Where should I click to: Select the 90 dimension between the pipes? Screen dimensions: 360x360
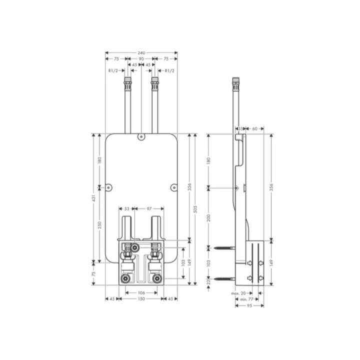pos(141,59)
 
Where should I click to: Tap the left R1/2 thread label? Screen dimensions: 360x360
pos(113,71)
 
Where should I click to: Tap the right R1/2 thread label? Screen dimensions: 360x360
pos(169,71)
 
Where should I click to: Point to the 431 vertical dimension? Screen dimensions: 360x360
pos(93,198)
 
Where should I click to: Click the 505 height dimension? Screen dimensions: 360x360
pos(195,207)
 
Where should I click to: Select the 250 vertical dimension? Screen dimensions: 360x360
pos(100,225)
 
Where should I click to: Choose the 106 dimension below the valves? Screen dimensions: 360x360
pos(141,292)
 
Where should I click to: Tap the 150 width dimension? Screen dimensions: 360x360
pos(141,299)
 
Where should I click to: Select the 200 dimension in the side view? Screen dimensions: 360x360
pos(209,217)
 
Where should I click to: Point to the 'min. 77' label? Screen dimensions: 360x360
pos(241,298)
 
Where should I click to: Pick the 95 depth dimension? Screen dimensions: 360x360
pos(249,305)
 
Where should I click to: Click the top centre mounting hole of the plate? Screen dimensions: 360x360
pos(141,135)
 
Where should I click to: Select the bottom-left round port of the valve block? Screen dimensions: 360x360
pos(125,278)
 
